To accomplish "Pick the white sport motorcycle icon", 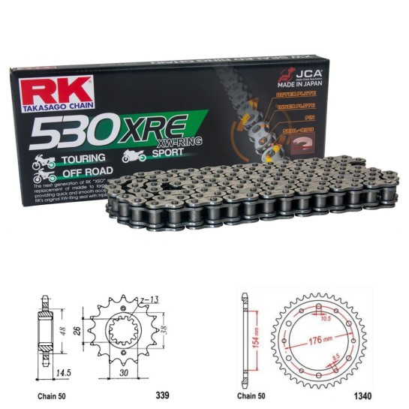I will (133, 156).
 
